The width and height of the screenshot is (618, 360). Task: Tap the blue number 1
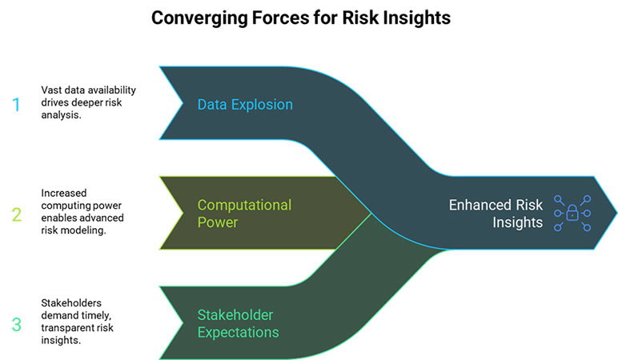(x=14, y=105)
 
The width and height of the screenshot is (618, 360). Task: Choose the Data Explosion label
(x=245, y=105)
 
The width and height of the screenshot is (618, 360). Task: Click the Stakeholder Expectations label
(x=239, y=324)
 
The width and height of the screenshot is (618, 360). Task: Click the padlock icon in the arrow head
(x=572, y=214)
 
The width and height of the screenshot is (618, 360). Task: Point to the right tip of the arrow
(x=615, y=214)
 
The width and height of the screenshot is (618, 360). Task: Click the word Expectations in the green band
(x=239, y=332)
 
